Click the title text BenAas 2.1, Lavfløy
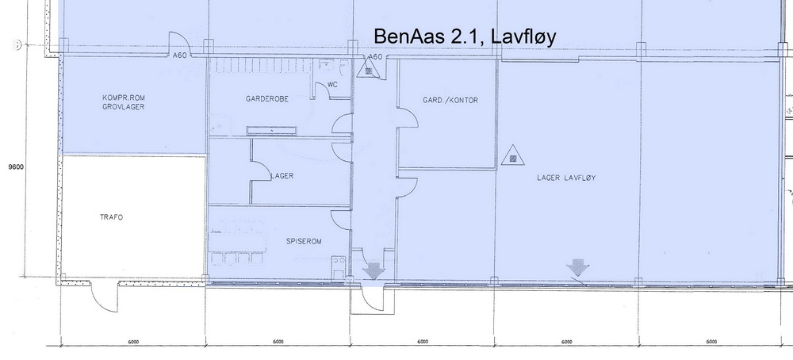tap(465, 37)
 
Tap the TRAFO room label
tap(111, 217)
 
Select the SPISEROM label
tap(304, 242)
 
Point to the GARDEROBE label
tap(267, 99)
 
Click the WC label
tap(332, 84)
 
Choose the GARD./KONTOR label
tap(450, 100)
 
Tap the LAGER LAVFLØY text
tap(566, 178)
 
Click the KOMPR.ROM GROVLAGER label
tap(123, 102)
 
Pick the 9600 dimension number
tap(17, 167)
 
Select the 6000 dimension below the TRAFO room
tap(133, 343)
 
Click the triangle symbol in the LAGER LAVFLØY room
tap(512, 155)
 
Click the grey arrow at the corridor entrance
tap(374, 270)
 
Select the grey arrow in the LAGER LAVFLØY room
tap(577, 267)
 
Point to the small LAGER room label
tap(282, 176)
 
